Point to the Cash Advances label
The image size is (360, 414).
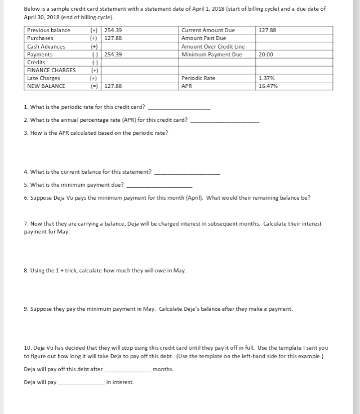coord(46,46)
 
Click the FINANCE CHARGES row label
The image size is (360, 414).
coord(51,70)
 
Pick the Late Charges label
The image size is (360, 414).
coord(43,78)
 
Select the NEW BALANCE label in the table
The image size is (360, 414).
coord(46,86)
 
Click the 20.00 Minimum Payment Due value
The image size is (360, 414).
coord(266,55)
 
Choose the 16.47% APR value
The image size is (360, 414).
coord(268,86)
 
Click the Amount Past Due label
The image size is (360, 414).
coord(203,38)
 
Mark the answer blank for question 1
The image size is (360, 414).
coord(179,107)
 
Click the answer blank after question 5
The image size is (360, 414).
coord(160,185)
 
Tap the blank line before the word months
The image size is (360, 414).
coord(127,371)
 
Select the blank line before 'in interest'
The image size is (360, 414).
coord(81,384)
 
